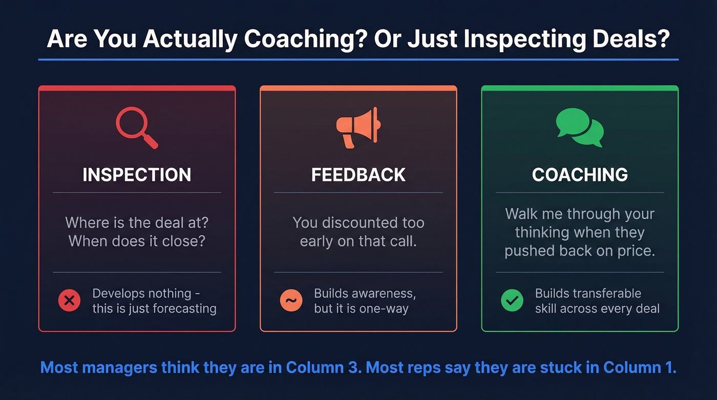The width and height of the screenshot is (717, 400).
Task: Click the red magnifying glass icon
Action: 136,127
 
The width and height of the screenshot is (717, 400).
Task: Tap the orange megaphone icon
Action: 358,127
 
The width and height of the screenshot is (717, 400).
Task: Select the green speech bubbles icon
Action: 580,127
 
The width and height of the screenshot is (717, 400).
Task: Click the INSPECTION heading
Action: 137,175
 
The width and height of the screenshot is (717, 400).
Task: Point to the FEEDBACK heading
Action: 358,175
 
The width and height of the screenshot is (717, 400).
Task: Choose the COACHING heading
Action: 580,175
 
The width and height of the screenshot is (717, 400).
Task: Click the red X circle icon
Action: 70,301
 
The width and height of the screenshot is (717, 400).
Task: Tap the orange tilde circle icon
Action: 291,301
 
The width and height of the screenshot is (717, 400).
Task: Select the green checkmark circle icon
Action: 512,301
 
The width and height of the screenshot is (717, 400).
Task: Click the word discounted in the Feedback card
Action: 357,223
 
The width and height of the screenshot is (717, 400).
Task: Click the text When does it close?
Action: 137,241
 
